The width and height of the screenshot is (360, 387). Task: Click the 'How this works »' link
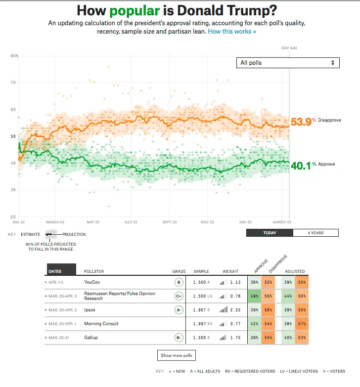pyautogui.click(x=232, y=31)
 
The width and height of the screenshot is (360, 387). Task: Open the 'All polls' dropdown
pyautogui.click(x=288, y=63)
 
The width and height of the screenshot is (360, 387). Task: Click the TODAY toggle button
pyautogui.click(x=270, y=233)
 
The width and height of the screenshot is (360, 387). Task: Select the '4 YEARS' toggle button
pyautogui.click(x=315, y=233)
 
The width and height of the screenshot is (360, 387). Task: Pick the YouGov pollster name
pyautogui.click(x=92, y=283)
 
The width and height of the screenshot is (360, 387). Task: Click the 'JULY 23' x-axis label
pyautogui.click(x=131, y=222)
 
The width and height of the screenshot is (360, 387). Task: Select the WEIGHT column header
pyautogui.click(x=230, y=271)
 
